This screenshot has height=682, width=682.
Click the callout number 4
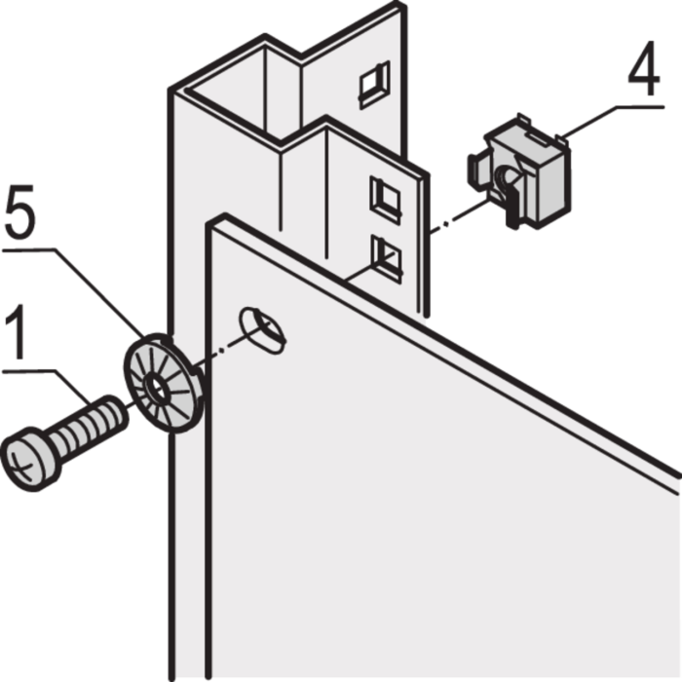644,69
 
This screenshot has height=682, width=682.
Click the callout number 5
20,211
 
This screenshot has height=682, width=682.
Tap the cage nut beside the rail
519,172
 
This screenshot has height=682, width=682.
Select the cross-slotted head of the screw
29,459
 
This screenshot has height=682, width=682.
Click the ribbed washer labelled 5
164,383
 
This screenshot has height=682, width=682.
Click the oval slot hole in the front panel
262,330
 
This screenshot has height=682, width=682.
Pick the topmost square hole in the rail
374,85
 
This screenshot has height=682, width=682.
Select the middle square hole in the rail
385,199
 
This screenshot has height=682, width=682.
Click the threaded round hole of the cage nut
507,178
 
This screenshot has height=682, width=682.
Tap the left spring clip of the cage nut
477,171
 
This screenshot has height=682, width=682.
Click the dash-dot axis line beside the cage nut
459,215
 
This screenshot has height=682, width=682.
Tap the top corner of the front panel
224,214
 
